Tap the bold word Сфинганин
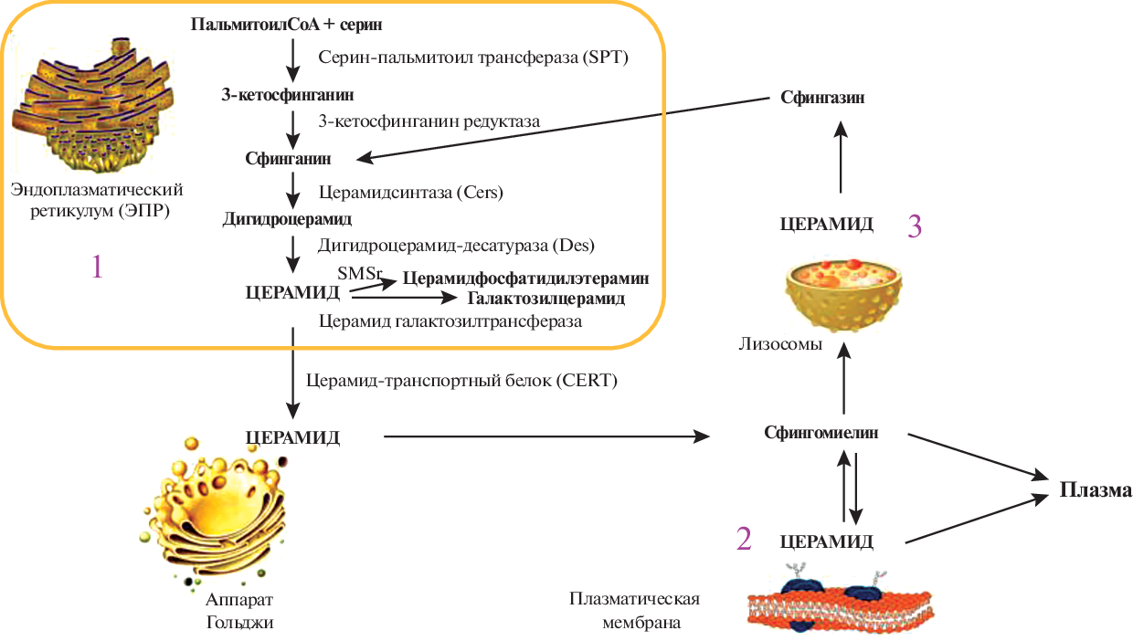288,159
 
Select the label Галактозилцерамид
546,298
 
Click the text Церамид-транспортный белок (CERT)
462,381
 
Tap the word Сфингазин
822,97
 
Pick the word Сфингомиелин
821,433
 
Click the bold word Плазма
1096,490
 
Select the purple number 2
744,540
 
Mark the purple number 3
915,226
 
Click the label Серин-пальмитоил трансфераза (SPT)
475,57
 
